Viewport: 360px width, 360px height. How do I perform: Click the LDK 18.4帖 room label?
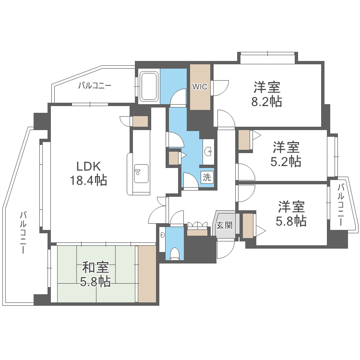[x=88, y=173]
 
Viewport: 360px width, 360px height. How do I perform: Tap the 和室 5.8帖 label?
[x=96, y=274]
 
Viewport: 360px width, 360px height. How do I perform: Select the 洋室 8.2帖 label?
[x=267, y=95]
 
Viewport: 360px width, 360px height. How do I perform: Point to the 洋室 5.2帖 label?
[x=287, y=154]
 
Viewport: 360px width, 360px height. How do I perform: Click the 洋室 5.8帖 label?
[x=291, y=214]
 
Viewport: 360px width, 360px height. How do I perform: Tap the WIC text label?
[x=200, y=87]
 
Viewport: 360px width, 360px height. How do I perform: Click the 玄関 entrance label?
[x=224, y=225]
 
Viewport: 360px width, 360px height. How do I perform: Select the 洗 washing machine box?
[x=206, y=177]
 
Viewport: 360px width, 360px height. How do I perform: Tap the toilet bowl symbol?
[x=175, y=253]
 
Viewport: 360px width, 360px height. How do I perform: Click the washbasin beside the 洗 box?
[x=209, y=152]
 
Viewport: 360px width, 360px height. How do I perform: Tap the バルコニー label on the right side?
[x=340, y=205]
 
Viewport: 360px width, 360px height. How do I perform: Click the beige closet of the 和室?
[x=147, y=274]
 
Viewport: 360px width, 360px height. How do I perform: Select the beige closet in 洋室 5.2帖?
[x=244, y=140]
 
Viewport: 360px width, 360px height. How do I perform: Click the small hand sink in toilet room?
[x=163, y=235]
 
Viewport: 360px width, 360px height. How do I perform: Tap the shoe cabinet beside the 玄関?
[x=197, y=233]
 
